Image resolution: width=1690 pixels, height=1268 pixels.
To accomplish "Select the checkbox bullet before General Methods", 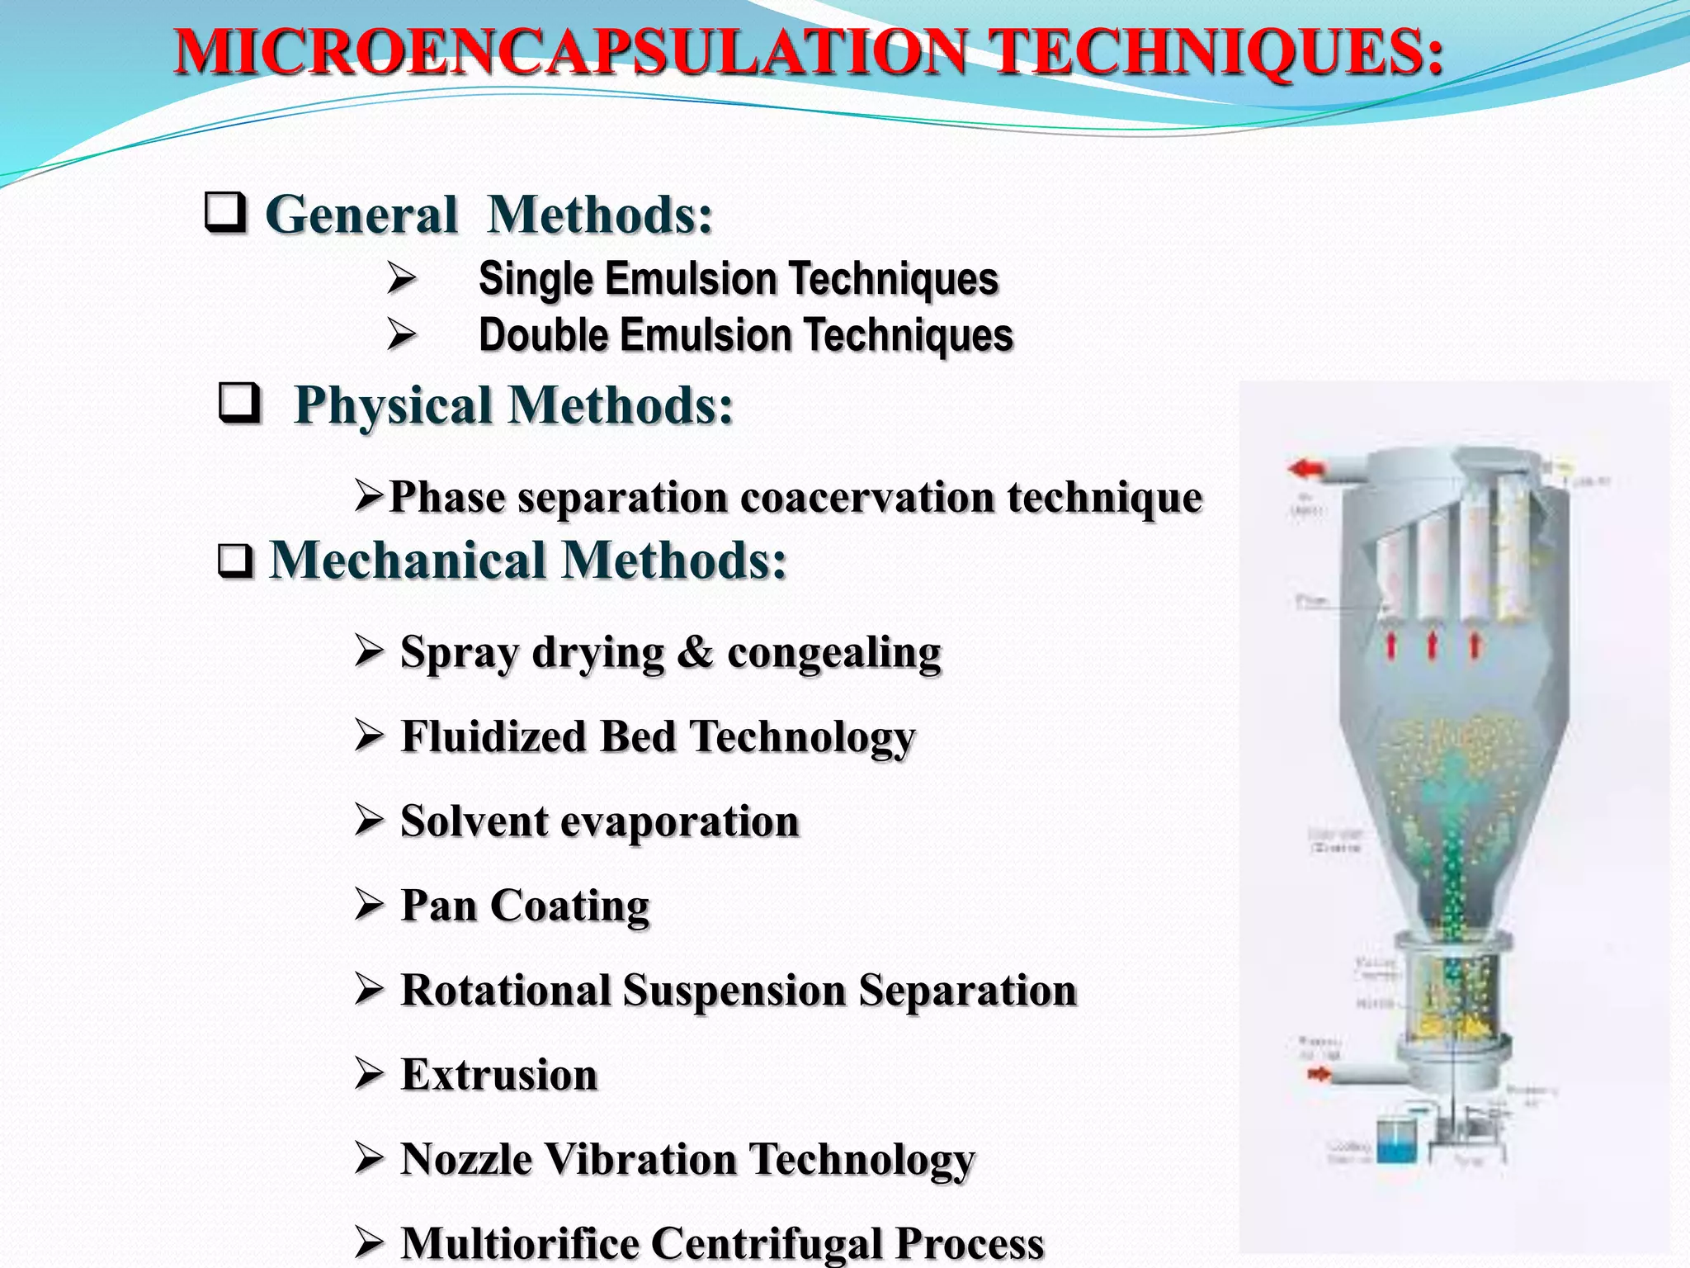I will coord(225,212).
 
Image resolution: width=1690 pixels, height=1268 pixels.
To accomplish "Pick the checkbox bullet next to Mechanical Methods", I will coord(235,561).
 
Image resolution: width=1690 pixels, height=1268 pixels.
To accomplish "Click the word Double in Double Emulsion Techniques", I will coord(545,335).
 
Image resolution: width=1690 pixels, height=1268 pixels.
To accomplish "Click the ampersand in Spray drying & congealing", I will coord(696,651).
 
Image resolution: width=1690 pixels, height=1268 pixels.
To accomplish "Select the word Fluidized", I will coord(493,736).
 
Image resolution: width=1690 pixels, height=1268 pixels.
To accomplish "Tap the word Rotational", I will coord(505,990).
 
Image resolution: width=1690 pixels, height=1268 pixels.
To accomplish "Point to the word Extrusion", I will coord(499,1075).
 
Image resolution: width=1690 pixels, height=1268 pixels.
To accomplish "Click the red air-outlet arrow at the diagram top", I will coord(1305,470).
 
